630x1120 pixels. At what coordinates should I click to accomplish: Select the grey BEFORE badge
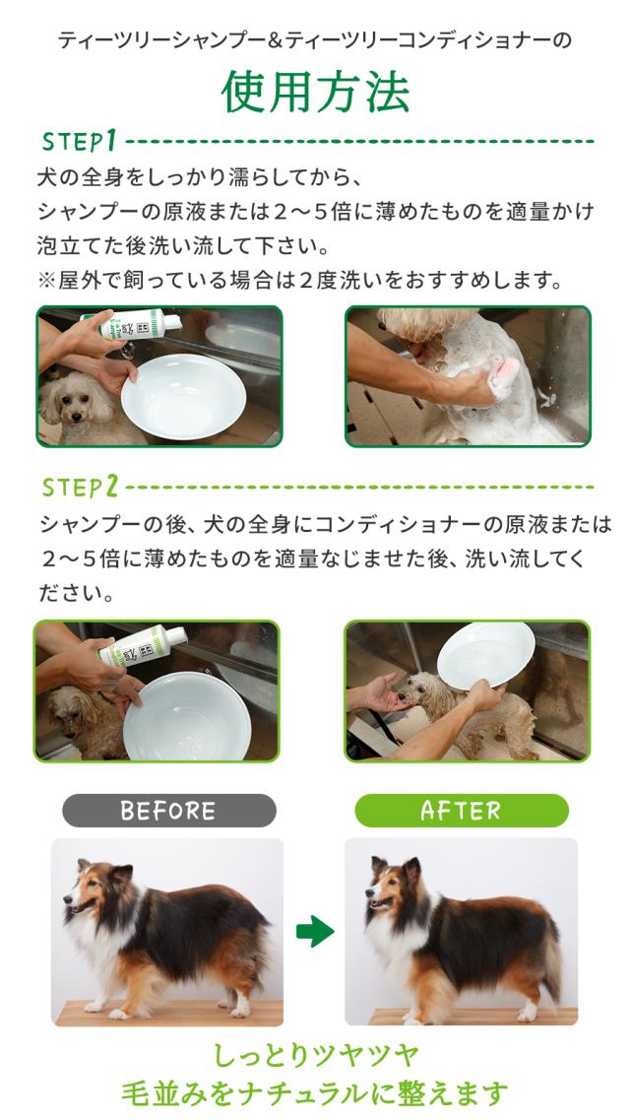click(x=168, y=811)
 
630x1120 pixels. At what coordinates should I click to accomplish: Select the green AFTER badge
click(x=461, y=811)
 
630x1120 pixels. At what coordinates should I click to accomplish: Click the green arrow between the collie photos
click(x=315, y=931)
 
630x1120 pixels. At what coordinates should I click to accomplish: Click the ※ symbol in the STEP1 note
click(x=46, y=281)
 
